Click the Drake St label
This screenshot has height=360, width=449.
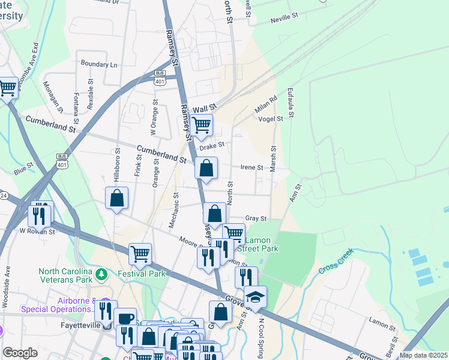coord(211,145)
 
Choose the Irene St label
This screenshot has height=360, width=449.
coord(252,168)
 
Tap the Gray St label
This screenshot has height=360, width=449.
coord(256,219)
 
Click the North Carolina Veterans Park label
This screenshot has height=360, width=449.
coord(66,275)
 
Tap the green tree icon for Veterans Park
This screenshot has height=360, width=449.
coord(102,274)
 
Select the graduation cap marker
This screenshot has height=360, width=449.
coord(255,297)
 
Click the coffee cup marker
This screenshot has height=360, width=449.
coord(125,319)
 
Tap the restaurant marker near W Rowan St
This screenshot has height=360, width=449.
coord(41,214)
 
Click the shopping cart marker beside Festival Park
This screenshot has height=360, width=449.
coord(140,254)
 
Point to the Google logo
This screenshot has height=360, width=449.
coord(20,353)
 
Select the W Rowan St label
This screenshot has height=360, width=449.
coord(37,231)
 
